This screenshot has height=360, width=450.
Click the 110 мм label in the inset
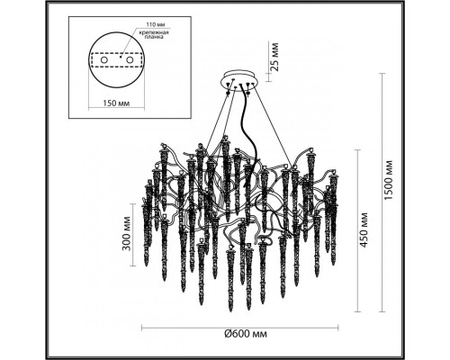[156, 24]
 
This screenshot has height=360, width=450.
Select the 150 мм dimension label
[116, 103]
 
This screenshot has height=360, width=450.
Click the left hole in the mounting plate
[103, 60]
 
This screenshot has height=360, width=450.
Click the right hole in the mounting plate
[130, 60]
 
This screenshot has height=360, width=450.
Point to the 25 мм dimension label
[274, 57]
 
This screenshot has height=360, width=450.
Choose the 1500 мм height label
[388, 181]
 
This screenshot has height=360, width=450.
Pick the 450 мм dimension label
[364, 229]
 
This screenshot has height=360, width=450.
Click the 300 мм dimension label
[127, 234]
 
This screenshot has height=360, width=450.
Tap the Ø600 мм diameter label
[246, 334]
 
